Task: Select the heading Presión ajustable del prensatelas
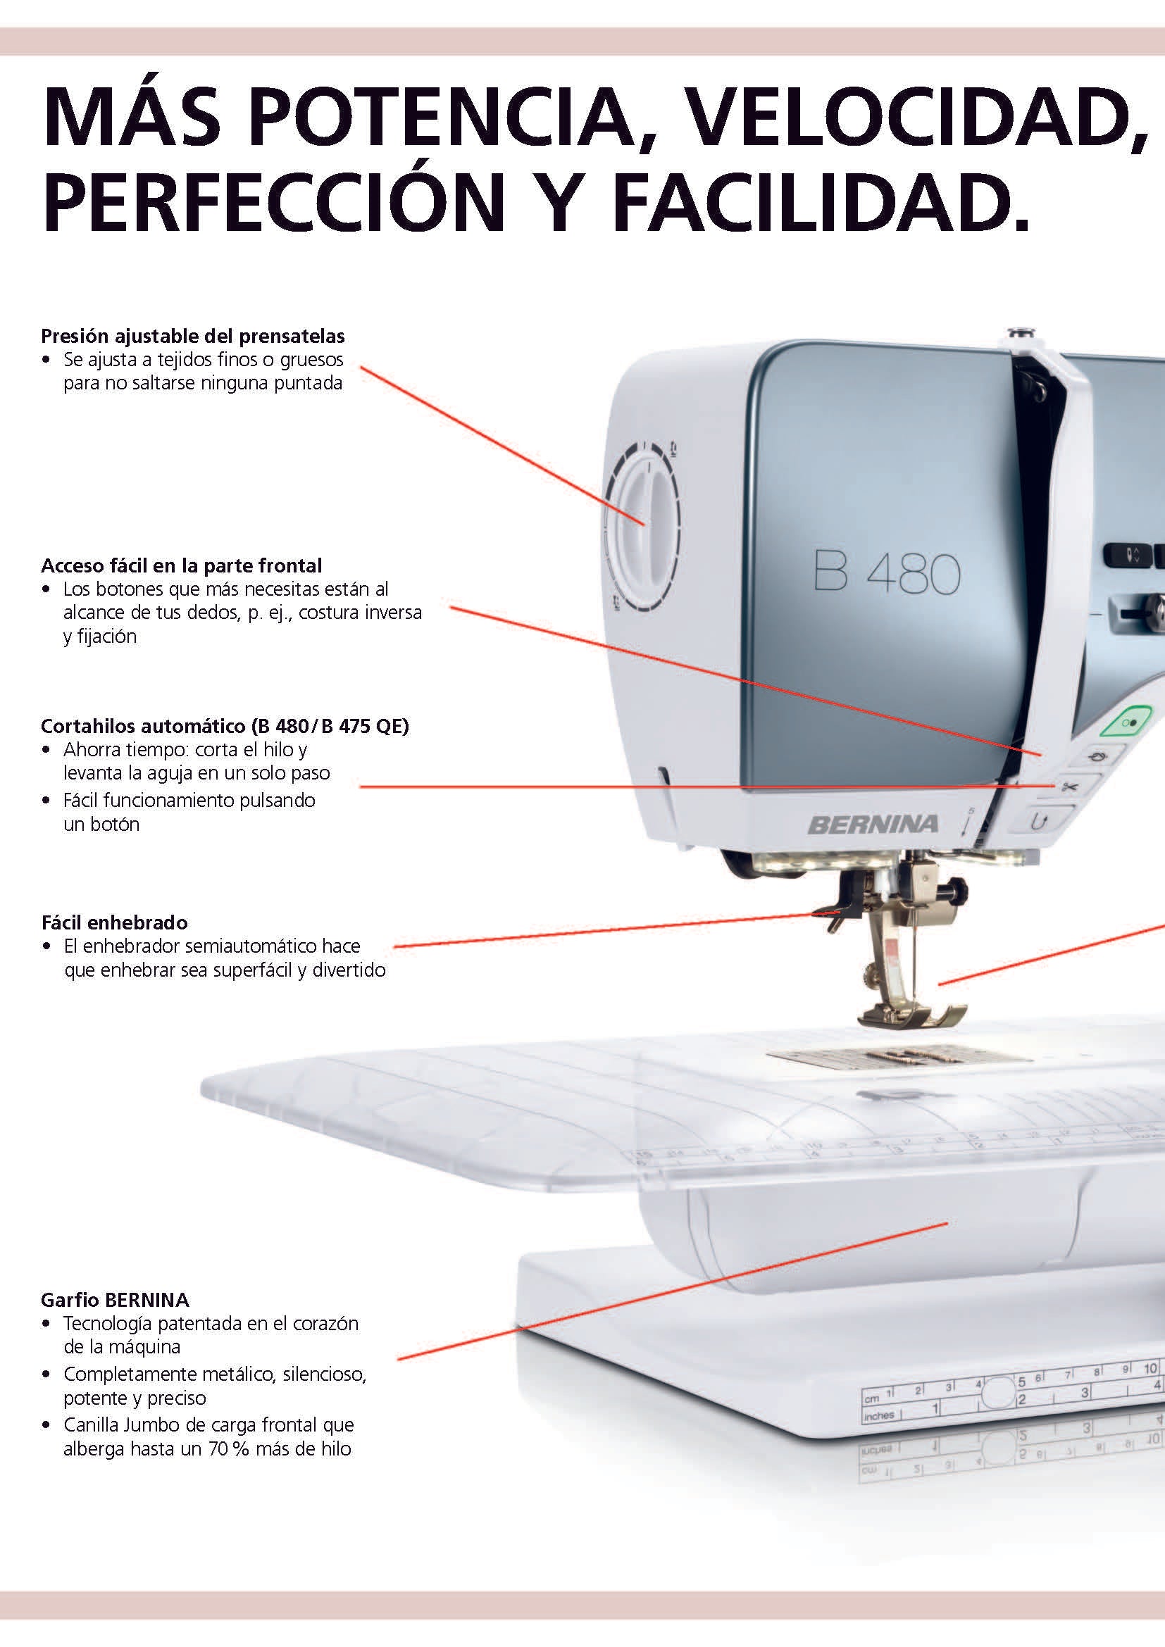point(193,337)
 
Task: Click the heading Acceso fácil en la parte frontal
point(182,566)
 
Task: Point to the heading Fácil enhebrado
point(115,922)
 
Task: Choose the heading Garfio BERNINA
point(116,1300)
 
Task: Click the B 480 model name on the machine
point(887,573)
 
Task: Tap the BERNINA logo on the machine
point(873,825)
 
